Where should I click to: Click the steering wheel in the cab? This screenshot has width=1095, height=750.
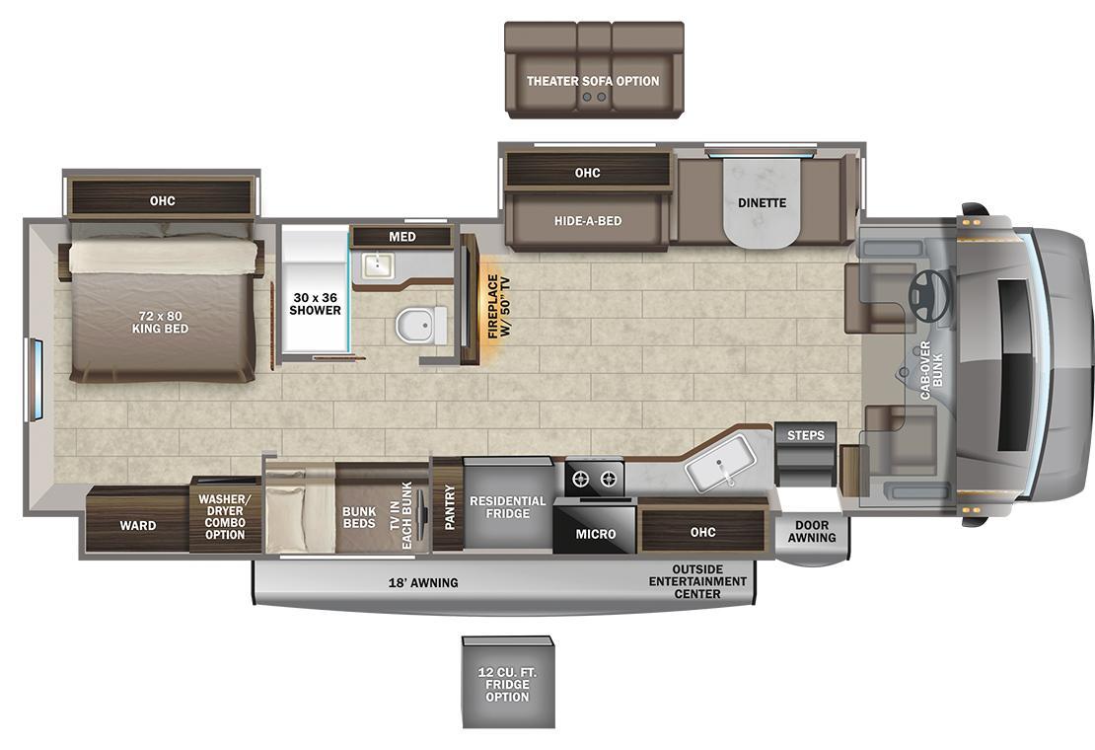tap(929, 295)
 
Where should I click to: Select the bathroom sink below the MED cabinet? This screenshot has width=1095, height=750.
tap(378, 264)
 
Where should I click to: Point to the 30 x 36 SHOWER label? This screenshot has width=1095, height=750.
tap(315, 304)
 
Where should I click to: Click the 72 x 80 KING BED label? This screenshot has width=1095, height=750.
tap(161, 322)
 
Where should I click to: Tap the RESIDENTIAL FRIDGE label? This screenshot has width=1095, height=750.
tap(508, 507)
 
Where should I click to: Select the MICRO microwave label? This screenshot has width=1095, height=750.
tap(596, 534)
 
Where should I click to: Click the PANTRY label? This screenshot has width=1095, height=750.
tap(449, 507)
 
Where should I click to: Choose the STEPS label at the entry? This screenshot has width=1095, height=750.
tap(806, 435)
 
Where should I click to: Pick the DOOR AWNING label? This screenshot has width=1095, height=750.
tap(812, 532)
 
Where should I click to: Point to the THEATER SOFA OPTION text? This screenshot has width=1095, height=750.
tap(593, 81)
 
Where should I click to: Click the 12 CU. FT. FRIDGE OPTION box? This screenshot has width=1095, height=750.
tap(508, 682)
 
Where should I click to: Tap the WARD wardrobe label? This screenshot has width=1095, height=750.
tap(137, 525)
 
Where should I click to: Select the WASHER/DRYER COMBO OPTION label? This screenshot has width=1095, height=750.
tap(225, 517)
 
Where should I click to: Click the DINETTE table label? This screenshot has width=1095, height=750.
tap(762, 202)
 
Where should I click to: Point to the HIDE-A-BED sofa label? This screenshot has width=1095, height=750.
tap(588, 221)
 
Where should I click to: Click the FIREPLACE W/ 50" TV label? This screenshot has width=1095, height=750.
tap(499, 307)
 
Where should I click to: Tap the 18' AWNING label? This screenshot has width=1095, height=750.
tap(423, 582)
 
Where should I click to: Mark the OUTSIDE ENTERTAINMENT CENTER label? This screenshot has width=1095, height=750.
tap(697, 581)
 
